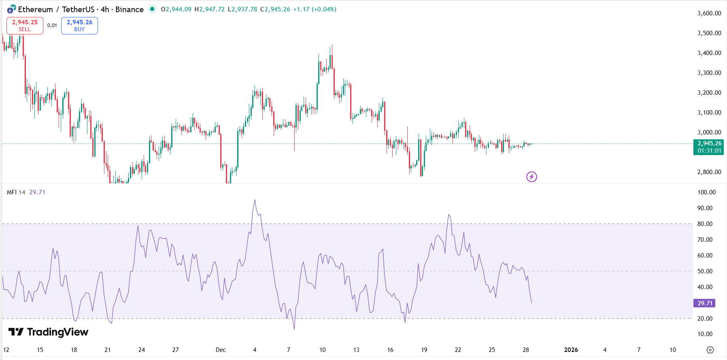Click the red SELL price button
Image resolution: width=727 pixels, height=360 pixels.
click(x=25, y=26)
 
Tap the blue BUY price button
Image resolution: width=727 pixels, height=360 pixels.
click(x=79, y=26)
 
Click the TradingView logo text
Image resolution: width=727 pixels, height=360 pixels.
click(x=49, y=332)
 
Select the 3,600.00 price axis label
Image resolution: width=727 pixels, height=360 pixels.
click(x=709, y=13)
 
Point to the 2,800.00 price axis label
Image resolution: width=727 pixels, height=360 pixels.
click(x=709, y=172)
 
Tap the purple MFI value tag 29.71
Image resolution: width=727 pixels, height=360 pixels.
click(x=704, y=303)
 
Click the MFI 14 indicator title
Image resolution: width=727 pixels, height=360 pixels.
click(x=16, y=192)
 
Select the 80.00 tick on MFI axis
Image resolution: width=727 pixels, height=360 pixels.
click(x=705, y=224)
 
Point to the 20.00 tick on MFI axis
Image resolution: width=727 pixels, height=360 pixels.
click(x=705, y=319)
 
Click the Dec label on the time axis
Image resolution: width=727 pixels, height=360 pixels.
click(x=221, y=350)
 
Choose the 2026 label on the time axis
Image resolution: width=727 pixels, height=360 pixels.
click(x=571, y=350)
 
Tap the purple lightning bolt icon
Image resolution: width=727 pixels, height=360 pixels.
click(x=531, y=177)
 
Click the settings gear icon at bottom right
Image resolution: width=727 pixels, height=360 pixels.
click(x=710, y=350)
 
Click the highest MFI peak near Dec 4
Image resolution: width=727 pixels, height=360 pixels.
click(x=255, y=200)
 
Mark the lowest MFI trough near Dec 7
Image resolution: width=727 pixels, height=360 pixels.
click(x=294, y=328)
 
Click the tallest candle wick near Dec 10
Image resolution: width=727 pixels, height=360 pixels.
click(x=332, y=46)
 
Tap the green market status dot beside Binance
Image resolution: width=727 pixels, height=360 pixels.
click(x=152, y=9)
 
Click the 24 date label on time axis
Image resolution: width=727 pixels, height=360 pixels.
click(x=142, y=350)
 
